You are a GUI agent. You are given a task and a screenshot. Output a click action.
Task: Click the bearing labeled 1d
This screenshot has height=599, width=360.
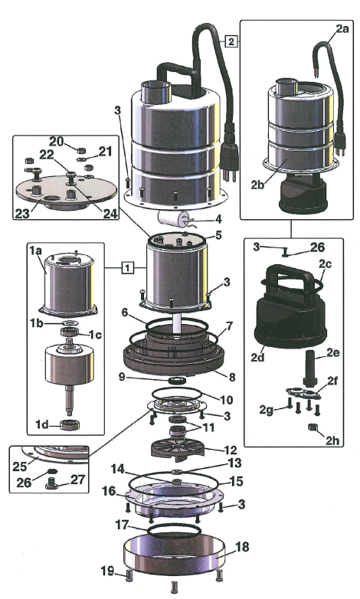point(70,424)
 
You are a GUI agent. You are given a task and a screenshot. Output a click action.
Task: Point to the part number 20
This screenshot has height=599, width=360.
point(56,142)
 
